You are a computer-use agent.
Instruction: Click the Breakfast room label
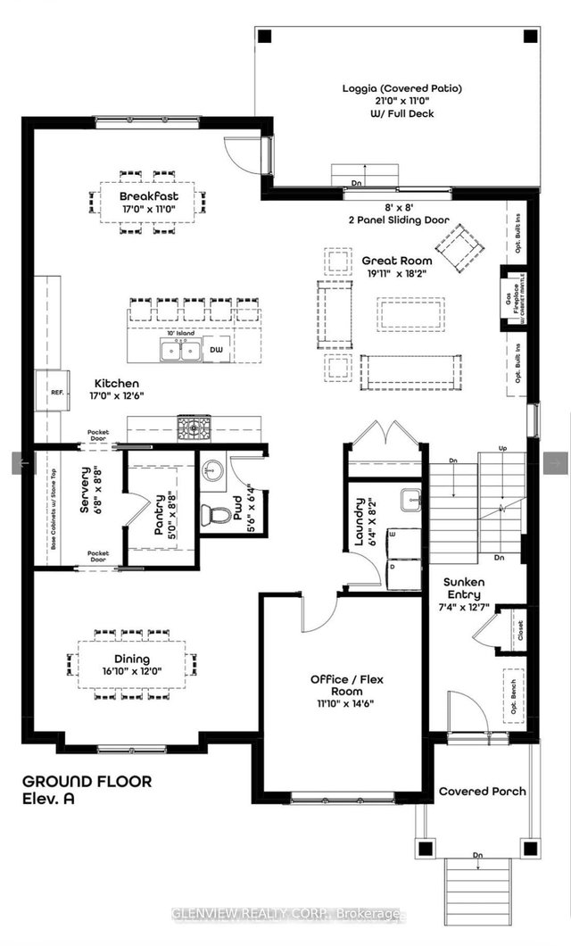pyautogui.click(x=149, y=195)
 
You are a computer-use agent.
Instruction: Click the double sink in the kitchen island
pyautogui.click(x=180, y=350)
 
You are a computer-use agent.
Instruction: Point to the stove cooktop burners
pyautogui.click(x=194, y=429)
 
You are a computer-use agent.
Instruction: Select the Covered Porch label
pyautogui.click(x=482, y=791)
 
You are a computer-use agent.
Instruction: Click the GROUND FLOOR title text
pyautogui.click(x=86, y=781)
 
